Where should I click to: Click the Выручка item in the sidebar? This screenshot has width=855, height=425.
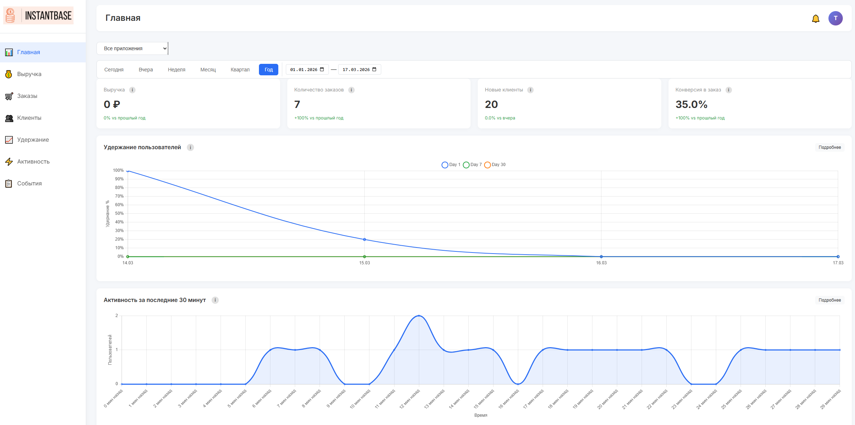(x=29, y=74)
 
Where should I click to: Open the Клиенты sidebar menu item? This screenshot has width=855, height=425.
(x=29, y=118)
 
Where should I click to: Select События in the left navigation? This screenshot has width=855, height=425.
(x=29, y=184)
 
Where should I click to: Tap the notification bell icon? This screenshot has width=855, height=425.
(x=816, y=19)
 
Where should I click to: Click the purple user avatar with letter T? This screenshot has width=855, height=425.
(x=835, y=18)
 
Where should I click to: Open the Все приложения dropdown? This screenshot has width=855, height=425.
(x=132, y=48)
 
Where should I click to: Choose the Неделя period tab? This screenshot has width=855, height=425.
(x=176, y=70)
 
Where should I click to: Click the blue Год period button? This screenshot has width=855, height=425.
(x=269, y=70)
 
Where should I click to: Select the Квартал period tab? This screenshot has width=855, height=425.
(x=240, y=70)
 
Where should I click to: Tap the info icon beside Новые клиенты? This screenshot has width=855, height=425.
(x=530, y=90)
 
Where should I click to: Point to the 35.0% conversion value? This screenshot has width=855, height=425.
(x=691, y=104)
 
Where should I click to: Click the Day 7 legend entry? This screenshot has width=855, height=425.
(x=472, y=165)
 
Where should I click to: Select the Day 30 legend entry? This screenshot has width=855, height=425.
(x=495, y=165)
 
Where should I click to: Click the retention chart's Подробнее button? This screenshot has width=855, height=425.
(x=830, y=147)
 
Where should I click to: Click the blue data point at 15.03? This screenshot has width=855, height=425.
(x=364, y=240)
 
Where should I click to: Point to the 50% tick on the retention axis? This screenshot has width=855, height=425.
(x=119, y=213)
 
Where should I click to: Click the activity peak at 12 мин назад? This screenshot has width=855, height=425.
(x=419, y=316)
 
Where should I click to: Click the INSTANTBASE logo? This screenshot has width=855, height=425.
(x=38, y=15)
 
